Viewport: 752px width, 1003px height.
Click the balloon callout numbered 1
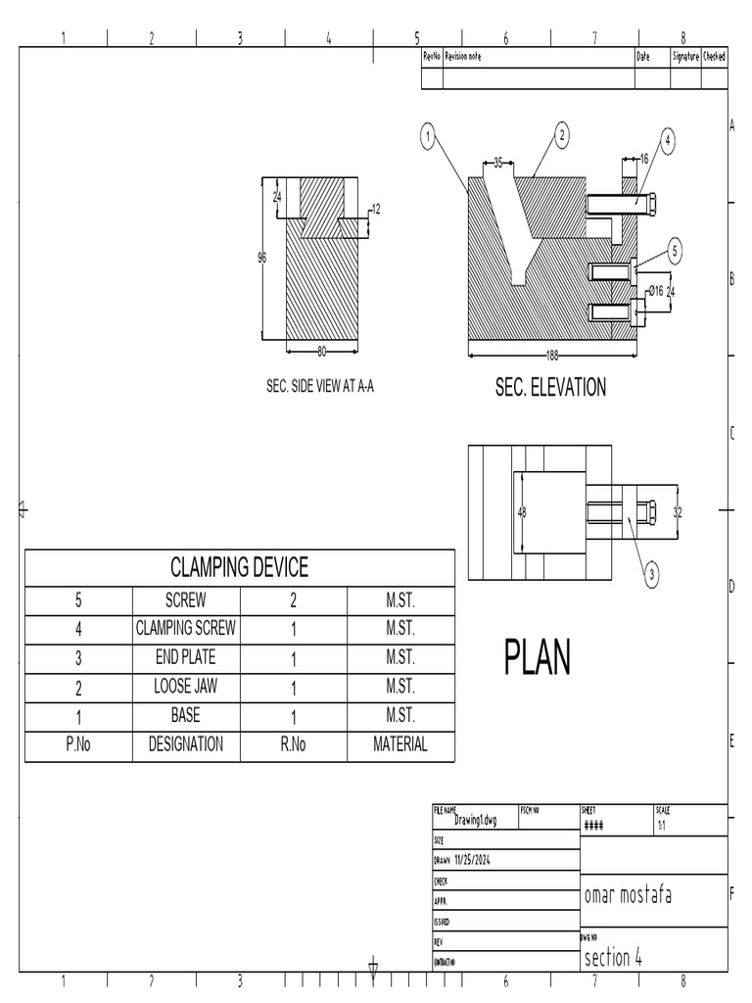pos(427,137)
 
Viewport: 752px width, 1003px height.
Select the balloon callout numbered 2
pos(562,136)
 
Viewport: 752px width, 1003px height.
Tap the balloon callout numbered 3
pos(652,575)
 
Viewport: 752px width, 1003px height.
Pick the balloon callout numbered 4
pos(668,141)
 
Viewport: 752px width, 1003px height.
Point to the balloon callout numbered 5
pos(675,252)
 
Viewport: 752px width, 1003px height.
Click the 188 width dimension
pos(553,356)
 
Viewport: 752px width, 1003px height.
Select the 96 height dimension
pos(261,258)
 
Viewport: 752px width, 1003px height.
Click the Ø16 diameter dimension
pos(655,290)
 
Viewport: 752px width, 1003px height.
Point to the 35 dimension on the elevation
pos(497,164)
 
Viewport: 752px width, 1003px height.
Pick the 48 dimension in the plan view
pos(522,512)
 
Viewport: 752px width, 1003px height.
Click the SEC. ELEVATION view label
pos(550,387)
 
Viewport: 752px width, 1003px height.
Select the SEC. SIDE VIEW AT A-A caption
pos(320,387)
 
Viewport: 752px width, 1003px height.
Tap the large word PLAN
pos(537,657)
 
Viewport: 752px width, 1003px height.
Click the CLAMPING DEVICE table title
pos(239,567)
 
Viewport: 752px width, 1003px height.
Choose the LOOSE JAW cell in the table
pos(185,687)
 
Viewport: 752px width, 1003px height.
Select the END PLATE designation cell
pos(185,657)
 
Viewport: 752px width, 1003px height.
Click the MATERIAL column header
pos(399,744)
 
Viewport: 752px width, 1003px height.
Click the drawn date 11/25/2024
pos(471,860)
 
